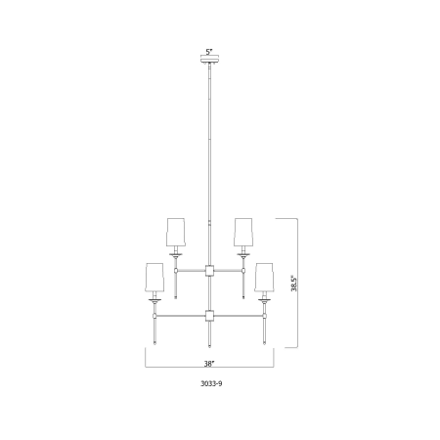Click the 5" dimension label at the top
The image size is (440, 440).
click(209, 52)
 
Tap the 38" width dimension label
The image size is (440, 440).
click(209, 364)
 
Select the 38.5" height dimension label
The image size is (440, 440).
click(294, 284)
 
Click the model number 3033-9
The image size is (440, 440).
click(211, 383)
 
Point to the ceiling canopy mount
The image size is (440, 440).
click(209, 61)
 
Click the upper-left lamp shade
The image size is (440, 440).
click(176, 232)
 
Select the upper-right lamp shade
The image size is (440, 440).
click(242, 232)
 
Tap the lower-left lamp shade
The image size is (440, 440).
click(154, 277)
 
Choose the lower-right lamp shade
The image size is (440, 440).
click(264, 277)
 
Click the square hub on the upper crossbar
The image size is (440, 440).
click(209, 271)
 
